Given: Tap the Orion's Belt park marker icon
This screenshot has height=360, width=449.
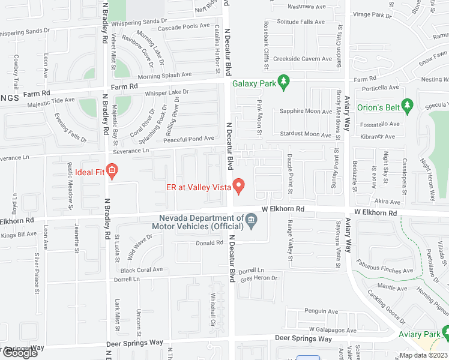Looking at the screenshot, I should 408,107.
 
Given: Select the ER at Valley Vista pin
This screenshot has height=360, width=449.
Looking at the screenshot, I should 239,187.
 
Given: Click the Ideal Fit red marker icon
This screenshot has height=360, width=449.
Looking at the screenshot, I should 110,172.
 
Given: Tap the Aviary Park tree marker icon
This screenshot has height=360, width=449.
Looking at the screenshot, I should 445,333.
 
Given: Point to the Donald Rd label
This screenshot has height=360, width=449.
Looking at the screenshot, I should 209,243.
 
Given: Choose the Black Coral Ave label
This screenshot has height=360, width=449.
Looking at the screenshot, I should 142,270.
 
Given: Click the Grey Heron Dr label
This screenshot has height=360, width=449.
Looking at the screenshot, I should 259,278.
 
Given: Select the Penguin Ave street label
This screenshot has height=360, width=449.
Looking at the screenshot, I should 321,311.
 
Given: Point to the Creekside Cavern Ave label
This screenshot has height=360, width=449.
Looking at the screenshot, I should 303,59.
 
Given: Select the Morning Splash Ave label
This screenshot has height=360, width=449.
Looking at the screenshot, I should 164,76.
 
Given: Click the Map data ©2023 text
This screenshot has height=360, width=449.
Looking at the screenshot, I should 423,355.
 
